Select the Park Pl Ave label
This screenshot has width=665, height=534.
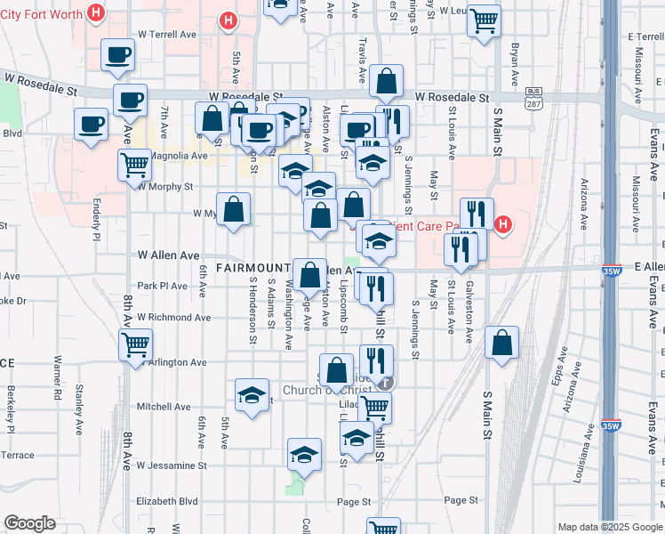163,286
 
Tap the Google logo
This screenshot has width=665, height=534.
29,523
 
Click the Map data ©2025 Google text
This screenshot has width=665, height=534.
610,527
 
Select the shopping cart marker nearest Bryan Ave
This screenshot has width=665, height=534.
484,20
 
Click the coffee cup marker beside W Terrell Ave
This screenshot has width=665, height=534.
117,57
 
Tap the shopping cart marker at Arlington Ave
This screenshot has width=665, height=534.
136,344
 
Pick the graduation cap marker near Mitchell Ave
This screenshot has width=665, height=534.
252,395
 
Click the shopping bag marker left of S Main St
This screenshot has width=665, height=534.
502,344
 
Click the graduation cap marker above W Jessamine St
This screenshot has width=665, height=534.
304,454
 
